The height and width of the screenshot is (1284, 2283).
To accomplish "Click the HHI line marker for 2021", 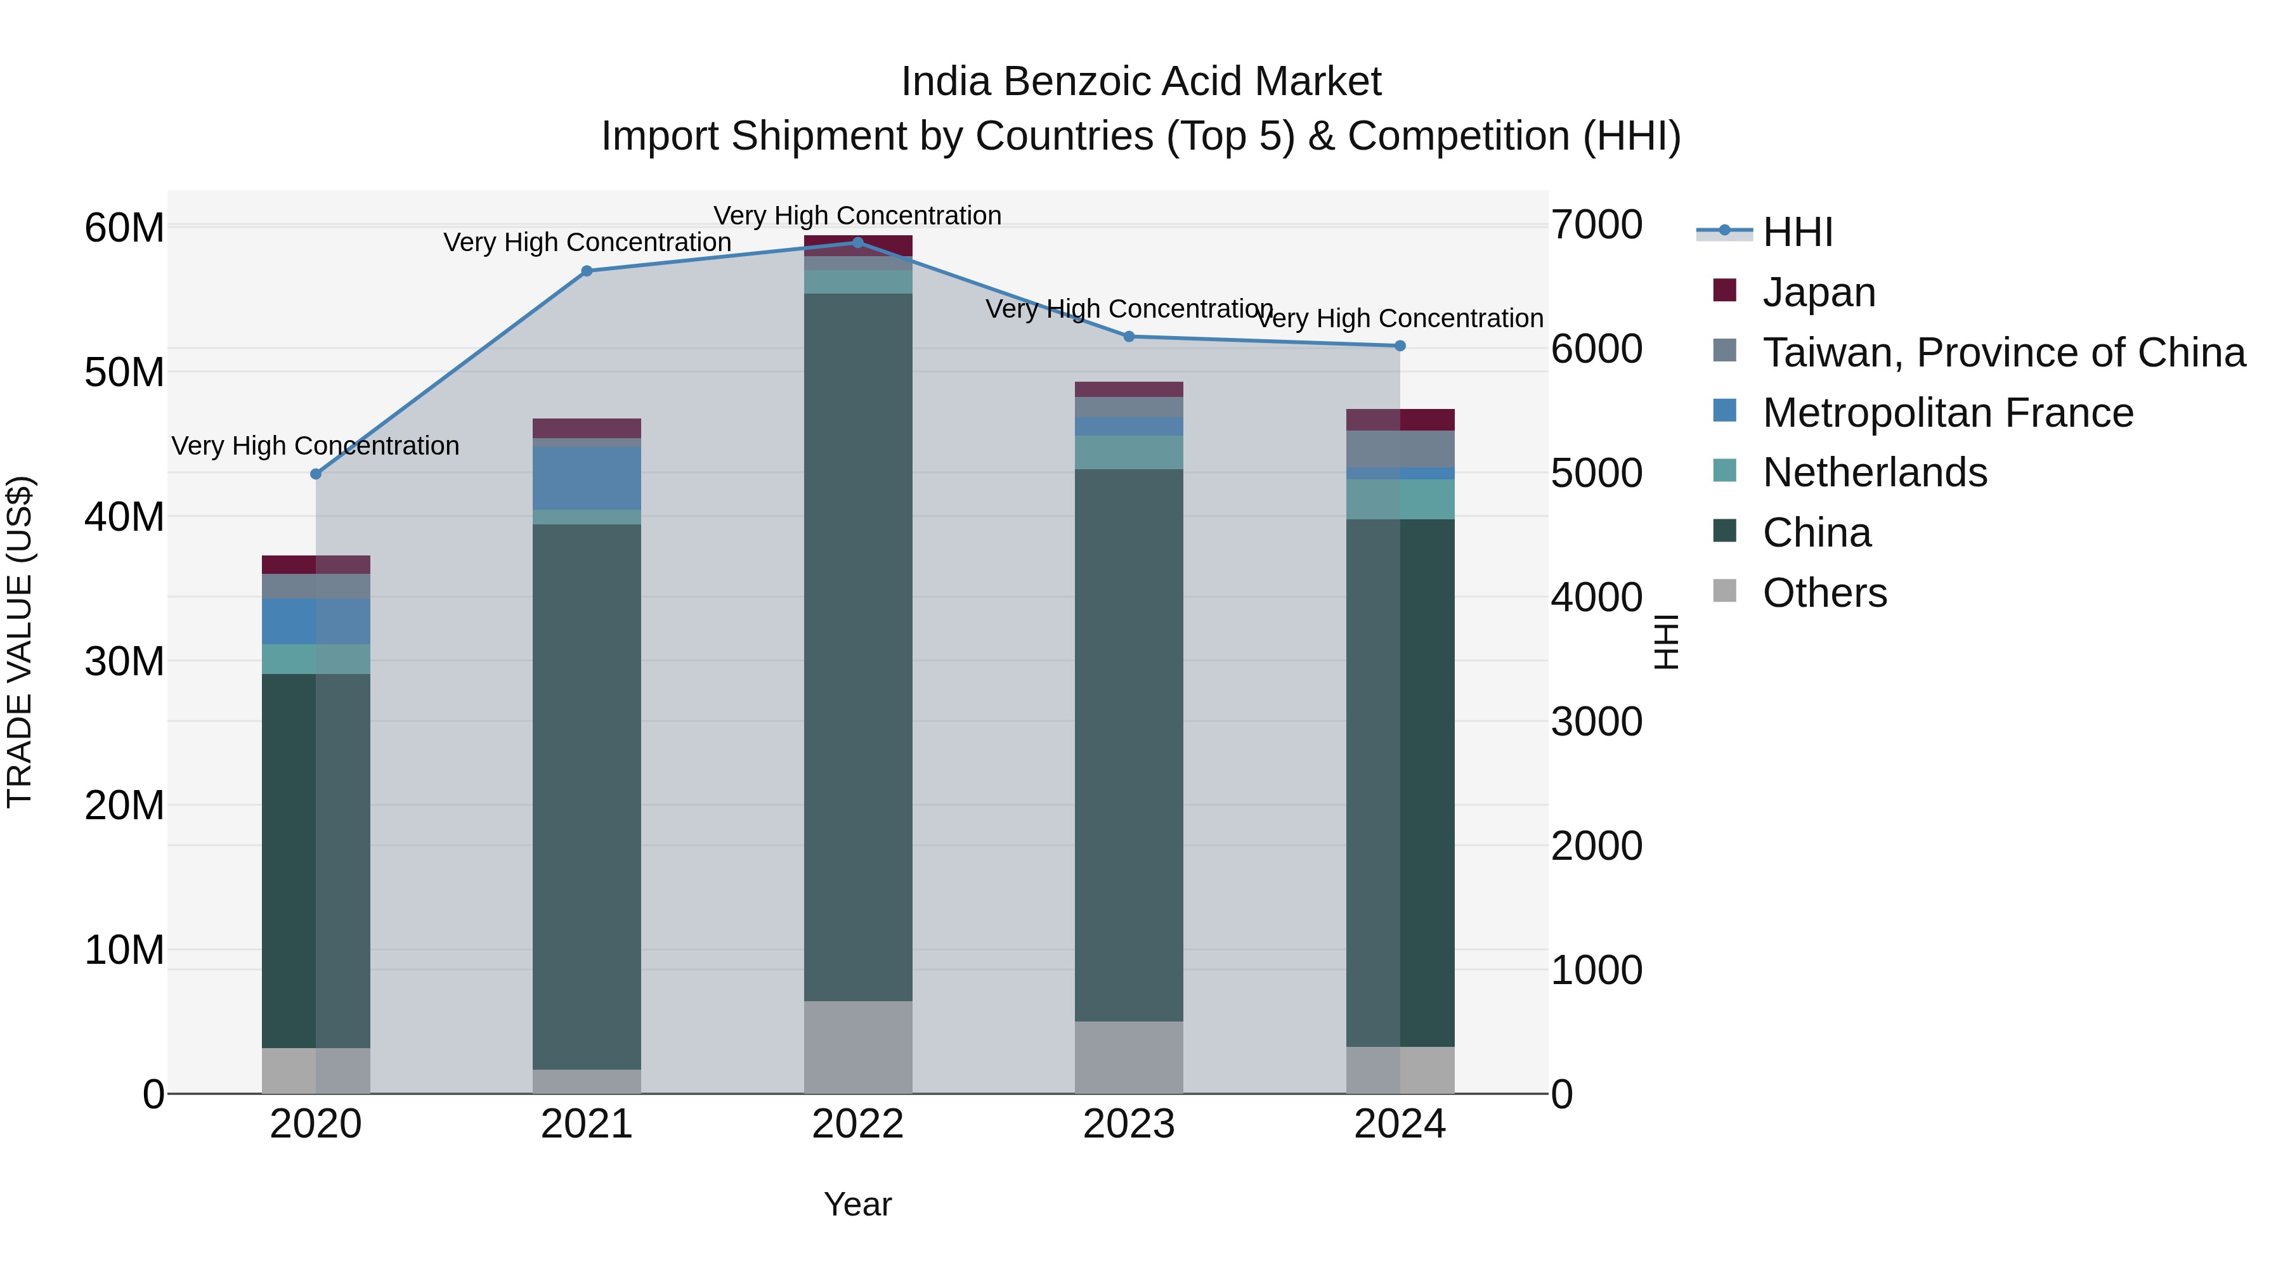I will (586, 271).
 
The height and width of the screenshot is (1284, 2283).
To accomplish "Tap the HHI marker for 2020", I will (316, 474).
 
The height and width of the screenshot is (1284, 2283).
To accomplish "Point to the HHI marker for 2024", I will (1400, 346).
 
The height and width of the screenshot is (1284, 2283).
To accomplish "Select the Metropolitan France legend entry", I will (1947, 413).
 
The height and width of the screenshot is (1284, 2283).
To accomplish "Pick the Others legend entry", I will (1824, 593).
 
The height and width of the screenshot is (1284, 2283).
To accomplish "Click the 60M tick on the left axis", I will (124, 228).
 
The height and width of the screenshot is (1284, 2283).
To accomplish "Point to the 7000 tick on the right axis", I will (1596, 224).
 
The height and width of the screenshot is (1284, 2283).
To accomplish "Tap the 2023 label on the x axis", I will (1128, 1124).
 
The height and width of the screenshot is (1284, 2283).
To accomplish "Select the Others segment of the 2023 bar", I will (1128, 1056).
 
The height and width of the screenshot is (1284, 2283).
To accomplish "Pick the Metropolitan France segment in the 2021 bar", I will (586, 479).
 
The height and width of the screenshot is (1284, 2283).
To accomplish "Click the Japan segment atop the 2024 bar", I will (1400, 420).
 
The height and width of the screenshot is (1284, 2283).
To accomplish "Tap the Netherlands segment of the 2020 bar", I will (316, 659).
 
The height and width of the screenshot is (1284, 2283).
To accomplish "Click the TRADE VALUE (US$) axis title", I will (20, 642).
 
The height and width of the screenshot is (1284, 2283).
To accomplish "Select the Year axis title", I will (857, 1204).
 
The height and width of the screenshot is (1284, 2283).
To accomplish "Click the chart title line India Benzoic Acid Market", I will (1141, 82).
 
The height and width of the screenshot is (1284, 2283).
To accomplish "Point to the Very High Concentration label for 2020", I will (316, 446).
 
